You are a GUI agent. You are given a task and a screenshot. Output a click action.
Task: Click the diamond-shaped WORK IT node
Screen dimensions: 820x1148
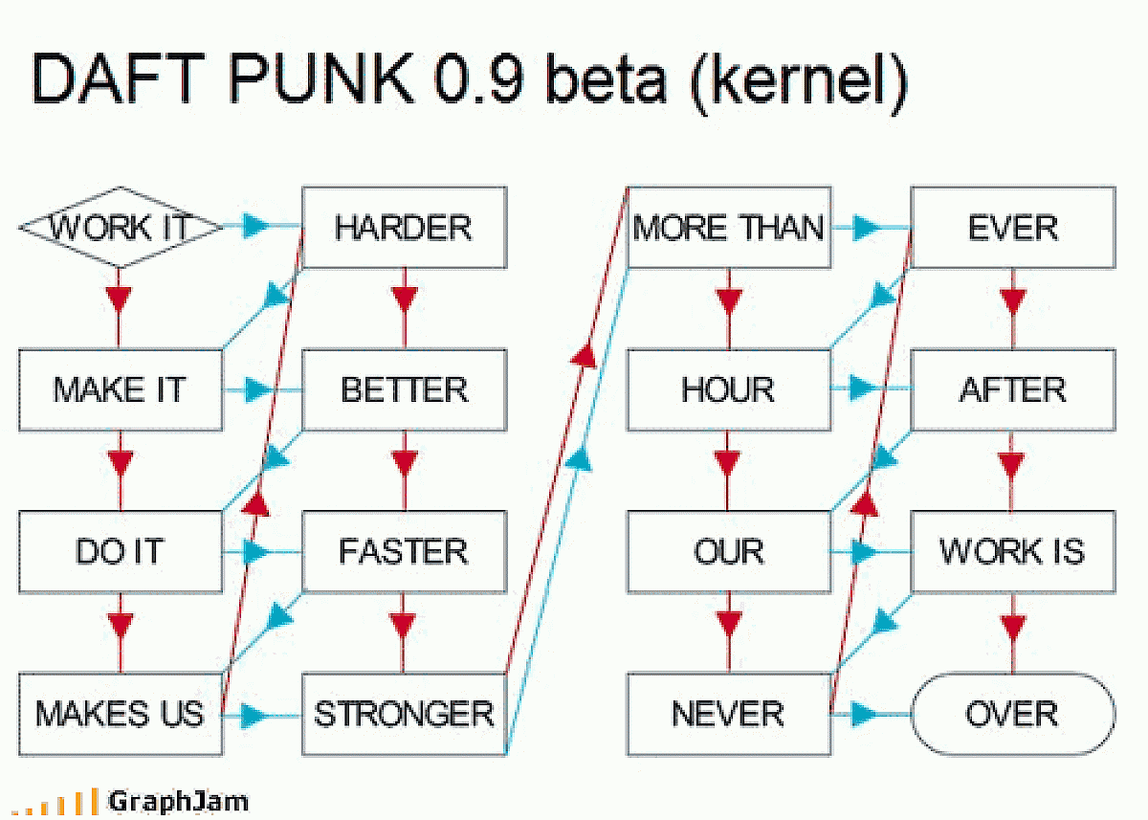pos(120,228)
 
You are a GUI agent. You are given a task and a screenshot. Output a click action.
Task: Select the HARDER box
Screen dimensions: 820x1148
pos(404,228)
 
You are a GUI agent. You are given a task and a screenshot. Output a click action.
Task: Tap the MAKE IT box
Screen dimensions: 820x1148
pos(120,389)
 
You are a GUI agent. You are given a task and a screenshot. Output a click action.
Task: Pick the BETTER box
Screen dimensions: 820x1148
pos(404,389)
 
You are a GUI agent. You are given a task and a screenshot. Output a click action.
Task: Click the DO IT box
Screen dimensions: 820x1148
pos(120,551)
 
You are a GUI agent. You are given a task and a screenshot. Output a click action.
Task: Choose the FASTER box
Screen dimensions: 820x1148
pos(404,551)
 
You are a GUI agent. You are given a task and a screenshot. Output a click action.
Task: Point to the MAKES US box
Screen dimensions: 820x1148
pos(120,714)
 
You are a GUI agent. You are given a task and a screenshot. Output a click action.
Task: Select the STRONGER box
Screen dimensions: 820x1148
pos(404,714)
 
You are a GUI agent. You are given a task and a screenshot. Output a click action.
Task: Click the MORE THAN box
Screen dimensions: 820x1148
pos(728,228)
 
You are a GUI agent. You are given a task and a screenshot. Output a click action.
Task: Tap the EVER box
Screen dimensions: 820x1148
pos(1012,228)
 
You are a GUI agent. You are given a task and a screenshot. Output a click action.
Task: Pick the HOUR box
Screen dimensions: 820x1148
pos(728,389)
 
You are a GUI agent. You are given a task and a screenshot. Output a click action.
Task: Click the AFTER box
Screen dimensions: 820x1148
pos(1012,389)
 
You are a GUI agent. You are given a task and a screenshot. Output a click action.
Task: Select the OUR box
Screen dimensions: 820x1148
pos(728,551)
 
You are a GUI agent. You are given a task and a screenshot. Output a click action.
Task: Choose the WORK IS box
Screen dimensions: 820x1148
pos(1012,551)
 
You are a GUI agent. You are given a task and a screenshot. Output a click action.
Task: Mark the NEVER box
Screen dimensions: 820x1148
pos(728,714)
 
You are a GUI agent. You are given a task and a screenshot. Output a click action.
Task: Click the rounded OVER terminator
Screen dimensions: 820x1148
pos(1012,714)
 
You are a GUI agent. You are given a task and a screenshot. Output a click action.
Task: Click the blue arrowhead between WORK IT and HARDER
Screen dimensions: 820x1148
pos(254,228)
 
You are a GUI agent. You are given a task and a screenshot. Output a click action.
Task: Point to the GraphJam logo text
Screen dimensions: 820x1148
pos(178,800)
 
